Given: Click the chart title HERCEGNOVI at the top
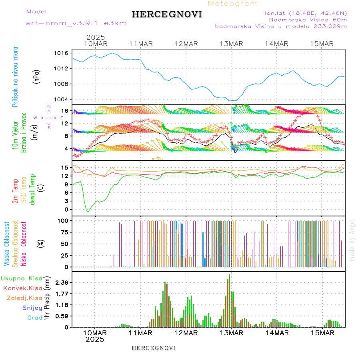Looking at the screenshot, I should point(167,14).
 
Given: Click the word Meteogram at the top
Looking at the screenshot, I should point(233,4).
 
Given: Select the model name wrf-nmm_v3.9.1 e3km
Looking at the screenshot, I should point(76,23).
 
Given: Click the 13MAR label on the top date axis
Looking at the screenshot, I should point(231,44).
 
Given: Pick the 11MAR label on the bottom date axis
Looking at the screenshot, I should point(140,333).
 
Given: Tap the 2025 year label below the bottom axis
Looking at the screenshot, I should point(95,339).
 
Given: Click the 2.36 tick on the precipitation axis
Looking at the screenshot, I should point(62,282).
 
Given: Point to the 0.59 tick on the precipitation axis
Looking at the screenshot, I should point(62,316).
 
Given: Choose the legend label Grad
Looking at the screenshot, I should point(34,318).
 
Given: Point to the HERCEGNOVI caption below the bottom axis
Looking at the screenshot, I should point(154,348).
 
